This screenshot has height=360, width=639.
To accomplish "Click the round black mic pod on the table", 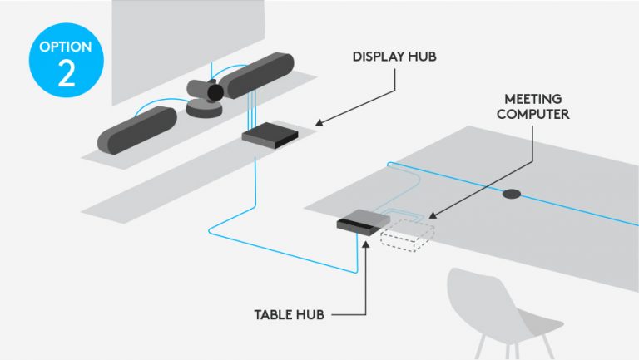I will (511, 194).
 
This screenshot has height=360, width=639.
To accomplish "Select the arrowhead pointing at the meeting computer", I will (435, 217).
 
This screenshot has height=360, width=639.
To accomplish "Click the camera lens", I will (215, 92).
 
